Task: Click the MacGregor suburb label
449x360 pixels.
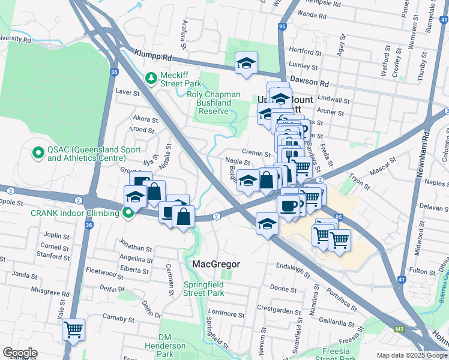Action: (216, 264)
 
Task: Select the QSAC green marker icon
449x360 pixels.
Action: (39, 154)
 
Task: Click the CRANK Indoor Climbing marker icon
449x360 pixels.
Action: (127, 212)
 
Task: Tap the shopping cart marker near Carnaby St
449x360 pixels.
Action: (73, 329)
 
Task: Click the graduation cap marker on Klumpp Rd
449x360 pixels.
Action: (246, 63)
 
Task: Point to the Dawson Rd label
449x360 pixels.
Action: (309, 80)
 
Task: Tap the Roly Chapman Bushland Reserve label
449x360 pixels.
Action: (214, 103)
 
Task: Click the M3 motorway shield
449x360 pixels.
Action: (399, 329)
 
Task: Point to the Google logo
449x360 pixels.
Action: (20, 353)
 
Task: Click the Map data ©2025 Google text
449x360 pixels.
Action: (412, 356)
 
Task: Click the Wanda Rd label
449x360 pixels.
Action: (311, 13)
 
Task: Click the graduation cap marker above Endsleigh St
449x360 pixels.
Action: (267, 224)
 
